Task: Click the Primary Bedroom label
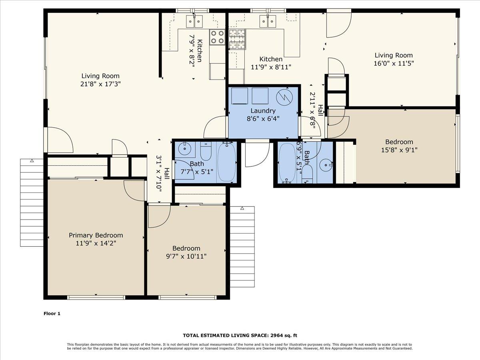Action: pos(96,235)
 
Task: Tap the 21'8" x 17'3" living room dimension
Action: pos(100,84)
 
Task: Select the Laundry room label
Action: pos(263,110)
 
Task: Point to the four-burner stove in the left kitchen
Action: pos(218,37)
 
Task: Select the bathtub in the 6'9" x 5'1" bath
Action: pos(286,163)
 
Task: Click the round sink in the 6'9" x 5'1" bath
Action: pos(327,164)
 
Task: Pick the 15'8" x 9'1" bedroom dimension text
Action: pos(399,150)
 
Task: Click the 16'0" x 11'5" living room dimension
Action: pos(394,63)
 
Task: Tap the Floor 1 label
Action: pos(52,314)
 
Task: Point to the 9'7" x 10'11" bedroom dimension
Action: pos(186,256)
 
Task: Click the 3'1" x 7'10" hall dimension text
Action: pos(159,174)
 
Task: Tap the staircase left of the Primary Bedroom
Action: pos(32,202)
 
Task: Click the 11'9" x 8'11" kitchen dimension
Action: pos(271,67)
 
